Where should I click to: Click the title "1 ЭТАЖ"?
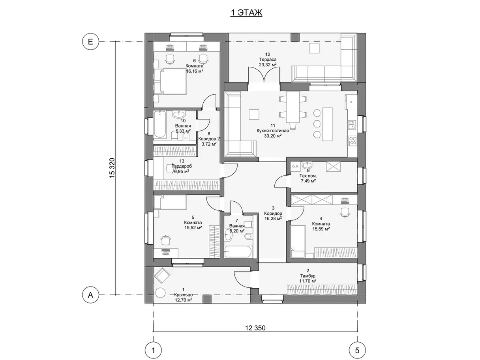[246, 13]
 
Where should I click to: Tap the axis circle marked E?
[90, 41]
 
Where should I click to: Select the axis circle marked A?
[90, 295]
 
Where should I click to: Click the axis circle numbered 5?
[357, 351]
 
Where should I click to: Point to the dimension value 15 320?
[112, 168]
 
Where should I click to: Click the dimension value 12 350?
[255, 328]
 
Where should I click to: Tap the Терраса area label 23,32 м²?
[268, 64]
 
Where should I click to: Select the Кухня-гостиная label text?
[273, 131]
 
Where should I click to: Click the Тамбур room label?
[307, 276]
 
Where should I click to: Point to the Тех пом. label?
[308, 176]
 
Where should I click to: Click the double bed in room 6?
[170, 81]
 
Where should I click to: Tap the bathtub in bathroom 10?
[159, 124]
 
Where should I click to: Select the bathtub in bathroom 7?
[238, 252]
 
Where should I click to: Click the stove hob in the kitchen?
[352, 141]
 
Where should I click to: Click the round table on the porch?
[160, 292]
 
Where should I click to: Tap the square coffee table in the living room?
[254, 114]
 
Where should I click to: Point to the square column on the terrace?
[295, 37]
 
